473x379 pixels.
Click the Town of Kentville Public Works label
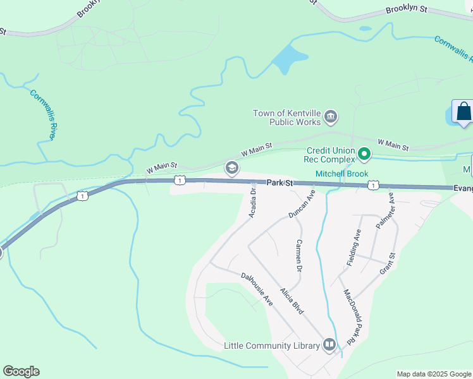click(x=287, y=117)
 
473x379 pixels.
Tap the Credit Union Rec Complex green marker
click(x=364, y=153)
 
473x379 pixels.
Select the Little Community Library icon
click(x=329, y=345)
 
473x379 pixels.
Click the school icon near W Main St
click(x=231, y=167)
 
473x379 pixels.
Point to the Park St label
click(x=280, y=183)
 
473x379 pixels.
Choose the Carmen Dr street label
click(x=299, y=256)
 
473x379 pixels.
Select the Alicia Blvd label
click(x=292, y=299)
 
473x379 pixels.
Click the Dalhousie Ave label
click(x=257, y=289)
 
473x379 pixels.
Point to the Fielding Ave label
click(x=353, y=247)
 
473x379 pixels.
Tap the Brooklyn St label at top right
click(x=407, y=11)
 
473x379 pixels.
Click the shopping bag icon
click(x=464, y=111)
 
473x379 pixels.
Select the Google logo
click(x=21, y=371)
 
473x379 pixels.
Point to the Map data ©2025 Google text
click(x=433, y=374)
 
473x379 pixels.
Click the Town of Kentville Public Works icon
click(x=330, y=117)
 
